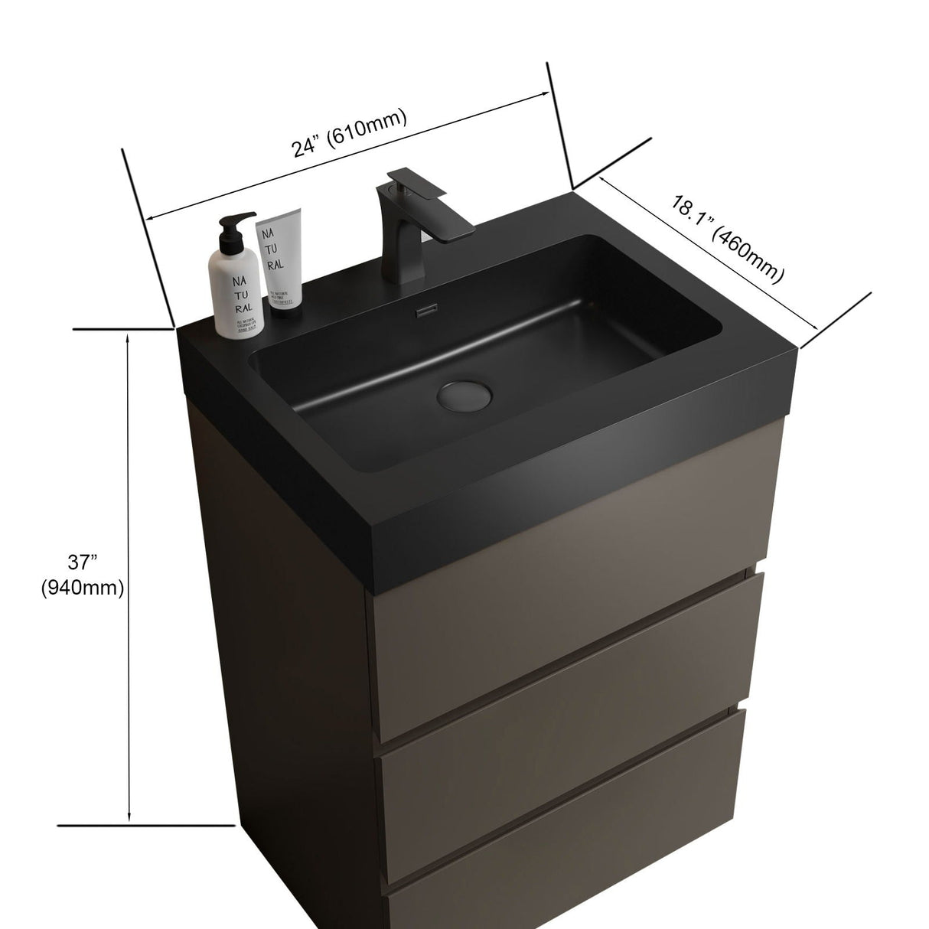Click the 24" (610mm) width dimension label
click(x=349, y=134)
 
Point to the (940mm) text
click(x=82, y=588)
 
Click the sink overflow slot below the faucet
click(x=425, y=310)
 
